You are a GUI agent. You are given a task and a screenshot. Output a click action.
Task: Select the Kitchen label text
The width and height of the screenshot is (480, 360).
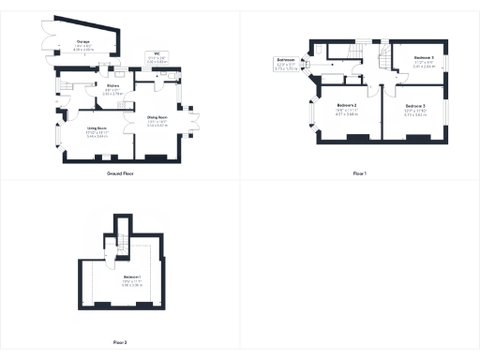[87, 90]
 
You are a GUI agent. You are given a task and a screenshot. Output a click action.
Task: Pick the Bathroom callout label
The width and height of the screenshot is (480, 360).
[287, 64]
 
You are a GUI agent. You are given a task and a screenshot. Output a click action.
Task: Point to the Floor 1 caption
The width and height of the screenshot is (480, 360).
[360, 174]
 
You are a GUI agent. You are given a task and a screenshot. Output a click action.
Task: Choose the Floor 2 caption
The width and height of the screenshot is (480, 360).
[120, 342]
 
